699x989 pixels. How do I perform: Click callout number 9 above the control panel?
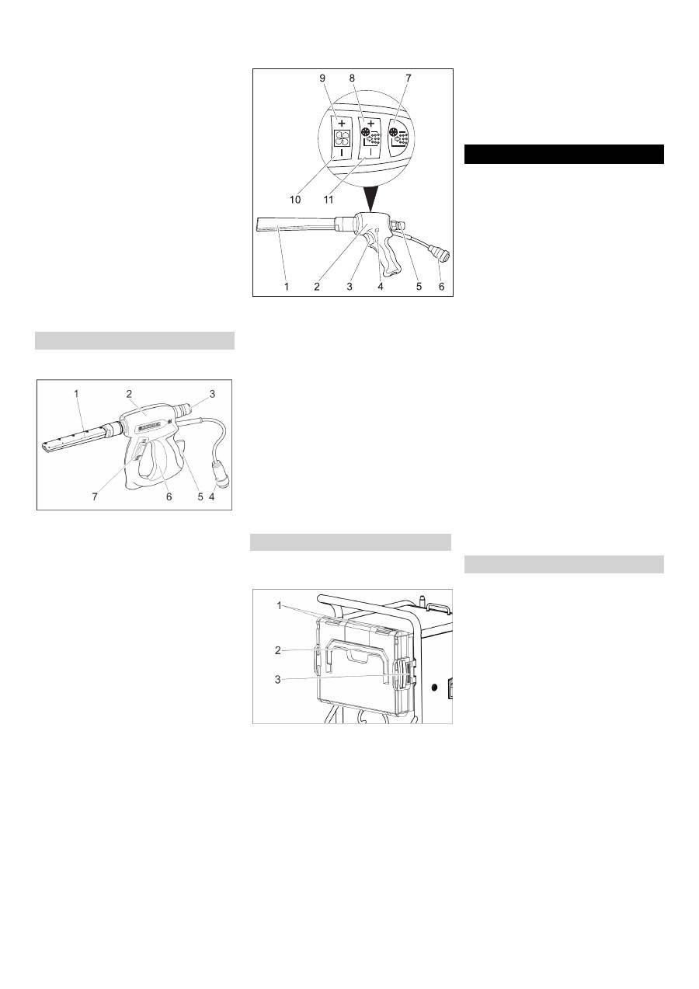[x=322, y=78]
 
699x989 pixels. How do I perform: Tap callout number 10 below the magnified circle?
[x=295, y=200]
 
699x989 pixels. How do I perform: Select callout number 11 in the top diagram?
[x=329, y=200]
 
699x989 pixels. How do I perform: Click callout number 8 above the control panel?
[x=352, y=78]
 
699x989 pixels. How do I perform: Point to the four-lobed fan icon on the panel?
[x=342, y=138]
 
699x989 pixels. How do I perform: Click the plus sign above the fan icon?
[x=342, y=124]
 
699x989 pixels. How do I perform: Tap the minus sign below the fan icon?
[x=341, y=152]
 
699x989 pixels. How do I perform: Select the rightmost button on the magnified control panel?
[x=399, y=137]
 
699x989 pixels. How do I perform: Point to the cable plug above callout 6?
[x=440, y=256]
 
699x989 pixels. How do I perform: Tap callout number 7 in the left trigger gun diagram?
[x=95, y=496]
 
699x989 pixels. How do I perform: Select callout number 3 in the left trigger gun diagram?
[x=212, y=394]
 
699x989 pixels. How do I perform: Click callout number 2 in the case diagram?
[x=277, y=650]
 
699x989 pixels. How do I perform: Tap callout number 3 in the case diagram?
[x=277, y=679]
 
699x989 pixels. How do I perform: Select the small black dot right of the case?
[x=435, y=688]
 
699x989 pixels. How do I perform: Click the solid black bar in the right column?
[x=564, y=154]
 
